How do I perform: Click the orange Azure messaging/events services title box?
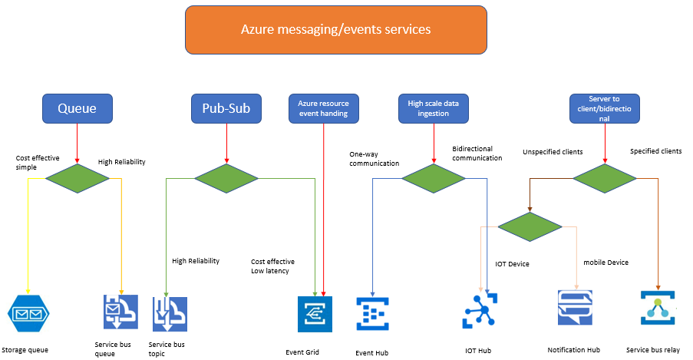point(335,30)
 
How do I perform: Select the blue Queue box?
point(78,108)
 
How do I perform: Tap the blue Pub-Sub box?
point(226,108)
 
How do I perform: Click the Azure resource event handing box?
point(324,108)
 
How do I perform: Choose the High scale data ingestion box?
point(433,108)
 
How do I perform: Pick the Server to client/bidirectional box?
point(605,108)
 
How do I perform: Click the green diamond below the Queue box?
point(78,178)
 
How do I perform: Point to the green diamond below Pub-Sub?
point(226,178)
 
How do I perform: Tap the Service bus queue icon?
point(120,312)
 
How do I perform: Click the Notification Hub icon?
point(574,309)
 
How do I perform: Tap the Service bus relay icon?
point(657,309)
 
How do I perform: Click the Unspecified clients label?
point(552,152)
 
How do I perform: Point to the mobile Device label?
point(606,263)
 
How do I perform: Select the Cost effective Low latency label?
point(272,266)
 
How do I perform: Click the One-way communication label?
point(374,158)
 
